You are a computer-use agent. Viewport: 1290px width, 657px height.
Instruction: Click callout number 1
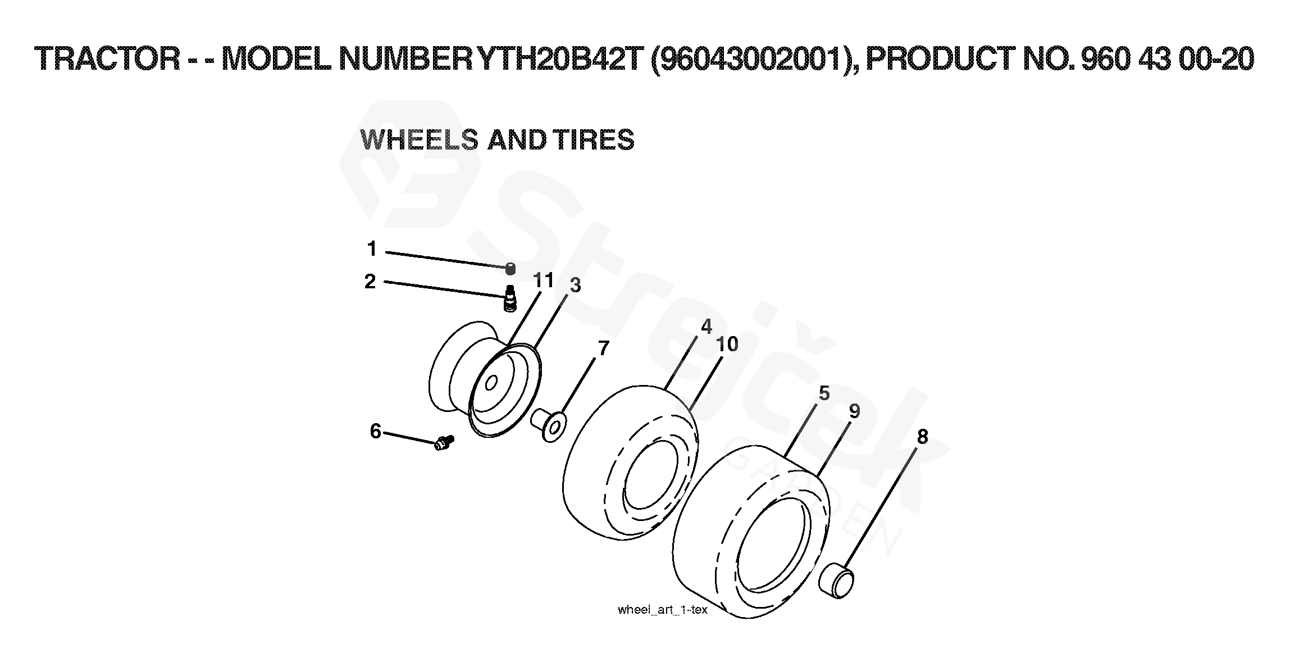coord(371,248)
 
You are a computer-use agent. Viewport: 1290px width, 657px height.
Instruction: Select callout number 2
coord(370,281)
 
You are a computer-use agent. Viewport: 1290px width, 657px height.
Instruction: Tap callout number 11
coord(543,279)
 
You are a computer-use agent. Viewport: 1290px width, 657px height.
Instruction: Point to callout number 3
coord(575,286)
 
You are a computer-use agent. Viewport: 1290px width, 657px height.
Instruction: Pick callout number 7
coord(604,348)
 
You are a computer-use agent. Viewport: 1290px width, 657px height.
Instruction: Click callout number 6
coord(376,431)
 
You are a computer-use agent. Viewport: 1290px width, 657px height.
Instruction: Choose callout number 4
coord(706,327)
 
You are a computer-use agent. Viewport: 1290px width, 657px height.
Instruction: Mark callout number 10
coord(727,344)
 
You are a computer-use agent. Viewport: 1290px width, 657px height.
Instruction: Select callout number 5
coord(824,393)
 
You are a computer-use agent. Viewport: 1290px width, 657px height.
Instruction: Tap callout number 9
coord(854,411)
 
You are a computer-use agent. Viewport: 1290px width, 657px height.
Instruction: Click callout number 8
coord(922,436)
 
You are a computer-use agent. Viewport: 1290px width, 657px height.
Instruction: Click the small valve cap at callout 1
coord(510,269)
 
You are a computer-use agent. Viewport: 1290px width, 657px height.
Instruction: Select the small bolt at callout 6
coord(444,443)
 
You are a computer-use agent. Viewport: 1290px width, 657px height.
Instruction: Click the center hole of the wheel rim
coord(491,383)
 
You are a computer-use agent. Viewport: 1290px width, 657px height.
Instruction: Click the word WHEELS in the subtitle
coord(419,139)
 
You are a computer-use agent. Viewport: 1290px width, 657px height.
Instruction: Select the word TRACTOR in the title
coord(107,58)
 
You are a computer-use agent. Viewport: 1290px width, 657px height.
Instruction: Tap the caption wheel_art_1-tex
coord(663,610)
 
